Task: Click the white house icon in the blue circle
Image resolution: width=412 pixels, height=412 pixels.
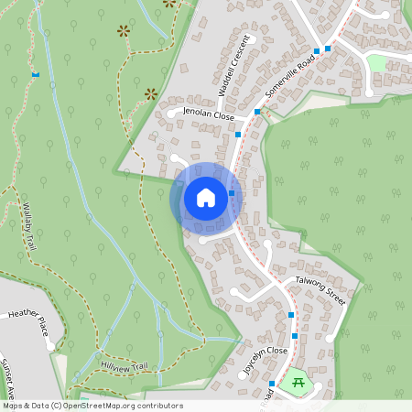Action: tap(206, 198)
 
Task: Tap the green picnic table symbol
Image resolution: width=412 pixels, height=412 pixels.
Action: tap(297, 381)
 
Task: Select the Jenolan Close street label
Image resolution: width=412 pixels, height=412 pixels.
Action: tap(210, 114)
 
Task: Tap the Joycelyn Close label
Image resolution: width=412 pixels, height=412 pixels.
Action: tap(265, 352)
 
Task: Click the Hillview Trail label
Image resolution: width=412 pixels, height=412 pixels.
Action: tap(124, 367)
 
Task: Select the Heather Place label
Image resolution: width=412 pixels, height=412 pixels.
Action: tap(26, 318)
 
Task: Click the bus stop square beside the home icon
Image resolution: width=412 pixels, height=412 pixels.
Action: tap(233, 193)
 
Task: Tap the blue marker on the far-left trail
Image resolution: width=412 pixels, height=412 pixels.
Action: tap(36, 74)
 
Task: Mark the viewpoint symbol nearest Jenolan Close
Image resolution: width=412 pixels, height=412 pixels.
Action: tap(151, 92)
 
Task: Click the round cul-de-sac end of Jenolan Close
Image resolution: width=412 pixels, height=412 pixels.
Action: tap(171, 114)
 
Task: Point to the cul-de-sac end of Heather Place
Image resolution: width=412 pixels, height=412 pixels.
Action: tap(49, 346)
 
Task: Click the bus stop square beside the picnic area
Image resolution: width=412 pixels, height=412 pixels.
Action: tap(273, 383)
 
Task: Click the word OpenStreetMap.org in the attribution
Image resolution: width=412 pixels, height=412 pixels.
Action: tap(109, 406)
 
